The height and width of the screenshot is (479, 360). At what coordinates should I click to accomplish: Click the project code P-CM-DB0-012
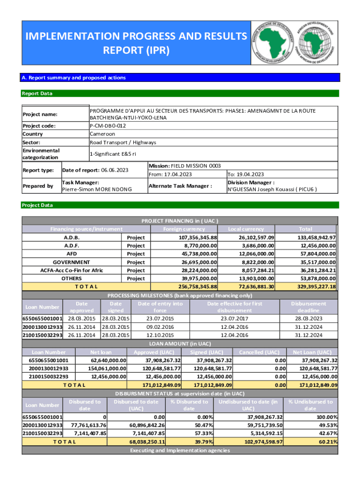[x=108, y=126]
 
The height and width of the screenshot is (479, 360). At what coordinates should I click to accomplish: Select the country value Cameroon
[x=102, y=134]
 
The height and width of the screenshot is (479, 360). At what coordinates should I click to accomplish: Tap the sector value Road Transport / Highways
[x=123, y=142]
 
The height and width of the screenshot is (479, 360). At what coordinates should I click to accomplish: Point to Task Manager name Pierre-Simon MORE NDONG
[x=97, y=189]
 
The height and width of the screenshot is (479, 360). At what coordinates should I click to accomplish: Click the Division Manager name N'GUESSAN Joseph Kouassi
[x=272, y=189]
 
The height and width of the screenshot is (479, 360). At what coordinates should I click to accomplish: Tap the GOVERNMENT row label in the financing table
[x=72, y=262]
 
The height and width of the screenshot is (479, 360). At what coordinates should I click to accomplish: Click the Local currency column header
[x=246, y=229]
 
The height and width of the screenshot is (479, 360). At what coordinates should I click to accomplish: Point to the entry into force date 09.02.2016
[x=160, y=327]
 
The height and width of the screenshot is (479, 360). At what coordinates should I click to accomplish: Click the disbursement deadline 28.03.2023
[x=309, y=319]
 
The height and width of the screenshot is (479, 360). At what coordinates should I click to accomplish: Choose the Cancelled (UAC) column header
[x=259, y=352]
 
